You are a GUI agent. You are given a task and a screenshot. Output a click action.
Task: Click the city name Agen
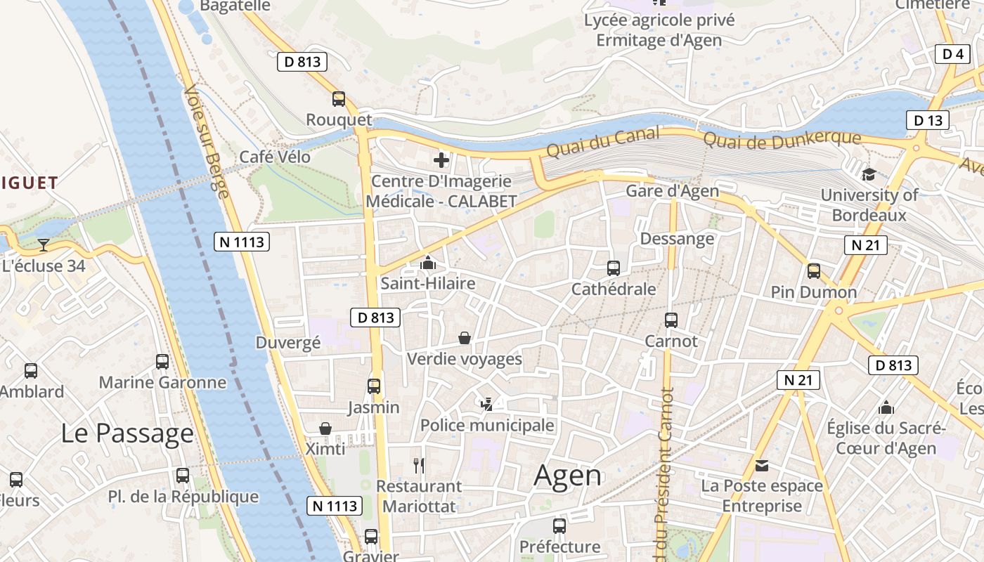tap(568, 476)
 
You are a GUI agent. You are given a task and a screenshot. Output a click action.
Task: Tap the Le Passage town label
tap(127, 433)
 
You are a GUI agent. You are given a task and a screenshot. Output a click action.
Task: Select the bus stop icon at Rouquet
tap(339, 99)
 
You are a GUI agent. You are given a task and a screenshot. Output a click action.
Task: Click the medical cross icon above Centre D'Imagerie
tap(441, 161)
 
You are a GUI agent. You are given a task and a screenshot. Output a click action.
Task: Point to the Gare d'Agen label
tap(672, 191)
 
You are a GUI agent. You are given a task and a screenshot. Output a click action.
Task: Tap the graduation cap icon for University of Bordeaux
tap(869, 175)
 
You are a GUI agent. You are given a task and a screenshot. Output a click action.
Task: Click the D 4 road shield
tap(952, 54)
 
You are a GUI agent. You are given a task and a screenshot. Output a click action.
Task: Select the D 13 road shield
tap(928, 121)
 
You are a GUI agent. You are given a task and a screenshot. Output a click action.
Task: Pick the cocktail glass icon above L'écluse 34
tap(44, 245)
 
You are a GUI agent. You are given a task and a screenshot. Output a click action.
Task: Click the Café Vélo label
tap(275, 157)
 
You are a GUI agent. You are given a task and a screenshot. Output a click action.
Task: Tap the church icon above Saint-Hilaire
tap(427, 263)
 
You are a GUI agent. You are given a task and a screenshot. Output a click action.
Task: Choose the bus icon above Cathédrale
tap(614, 268)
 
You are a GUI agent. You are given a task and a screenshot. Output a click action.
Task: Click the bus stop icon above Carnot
tap(671, 320)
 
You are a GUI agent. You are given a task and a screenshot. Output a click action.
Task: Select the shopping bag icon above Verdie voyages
tap(465, 338)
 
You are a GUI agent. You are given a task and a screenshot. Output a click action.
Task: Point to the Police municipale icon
tap(486, 404)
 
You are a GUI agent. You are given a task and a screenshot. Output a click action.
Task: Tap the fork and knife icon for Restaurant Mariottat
tap(419, 465)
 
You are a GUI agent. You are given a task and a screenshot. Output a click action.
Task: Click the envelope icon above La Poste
tap(762, 465)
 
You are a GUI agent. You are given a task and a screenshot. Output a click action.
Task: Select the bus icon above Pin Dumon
tap(814, 270)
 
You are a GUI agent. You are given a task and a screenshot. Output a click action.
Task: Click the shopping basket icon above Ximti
tap(325, 429)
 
